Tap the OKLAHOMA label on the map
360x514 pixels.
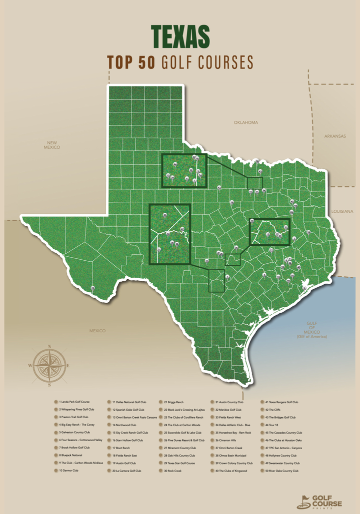tap(245, 122)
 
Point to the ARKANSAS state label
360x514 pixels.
tap(334, 136)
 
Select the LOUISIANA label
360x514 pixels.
tap(341, 211)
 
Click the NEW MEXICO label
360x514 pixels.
tap(51, 145)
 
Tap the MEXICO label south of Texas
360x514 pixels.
tap(97, 331)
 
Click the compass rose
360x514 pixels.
tap(49, 365)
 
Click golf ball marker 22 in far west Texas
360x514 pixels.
tap(93, 288)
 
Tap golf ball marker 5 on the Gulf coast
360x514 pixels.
tap(304, 288)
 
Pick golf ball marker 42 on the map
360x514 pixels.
tap(219, 187)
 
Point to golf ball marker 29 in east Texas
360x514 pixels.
tap(308, 232)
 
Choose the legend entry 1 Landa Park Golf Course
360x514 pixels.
tap(74, 402)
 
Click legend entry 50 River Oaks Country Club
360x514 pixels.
tap(281, 471)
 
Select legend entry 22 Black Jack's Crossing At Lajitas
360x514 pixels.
tap(183, 410)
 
